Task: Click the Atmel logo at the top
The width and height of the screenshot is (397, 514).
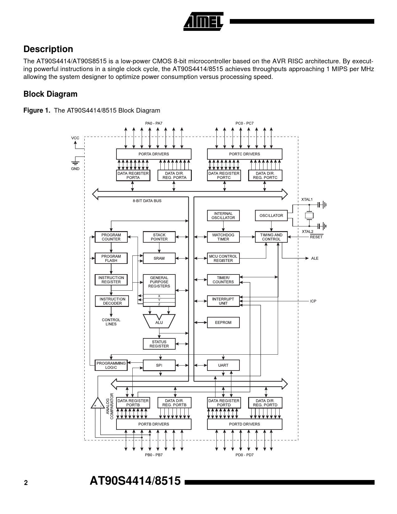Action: pos(203,22)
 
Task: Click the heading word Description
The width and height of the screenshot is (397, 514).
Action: pos(48,49)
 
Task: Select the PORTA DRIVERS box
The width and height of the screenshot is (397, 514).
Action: pos(154,154)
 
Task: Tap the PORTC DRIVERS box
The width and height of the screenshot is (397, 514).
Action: pos(244,154)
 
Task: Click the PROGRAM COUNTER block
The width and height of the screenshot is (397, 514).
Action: pos(111,237)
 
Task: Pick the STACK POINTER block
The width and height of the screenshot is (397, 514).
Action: pos(159,237)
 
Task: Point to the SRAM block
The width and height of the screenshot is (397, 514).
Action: pos(159,258)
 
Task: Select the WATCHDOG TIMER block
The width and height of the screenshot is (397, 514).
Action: pos(223,237)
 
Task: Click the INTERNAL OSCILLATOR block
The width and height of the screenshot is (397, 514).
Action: pos(223,216)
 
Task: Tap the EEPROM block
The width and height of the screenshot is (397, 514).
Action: pos(223,322)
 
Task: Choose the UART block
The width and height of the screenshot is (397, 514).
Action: pos(223,365)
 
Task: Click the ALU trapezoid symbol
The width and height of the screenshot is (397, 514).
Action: pos(159,322)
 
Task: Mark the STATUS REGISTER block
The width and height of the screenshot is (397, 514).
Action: pos(159,344)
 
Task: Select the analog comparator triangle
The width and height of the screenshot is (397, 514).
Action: pos(98,404)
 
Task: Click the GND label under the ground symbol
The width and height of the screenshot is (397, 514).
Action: pos(75,169)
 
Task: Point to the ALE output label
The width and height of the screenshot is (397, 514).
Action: pos(315,259)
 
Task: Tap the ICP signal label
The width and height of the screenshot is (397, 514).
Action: pos(313,301)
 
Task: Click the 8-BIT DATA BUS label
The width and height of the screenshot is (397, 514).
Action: pos(147,201)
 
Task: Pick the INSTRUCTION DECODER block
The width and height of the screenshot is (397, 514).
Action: pos(112,301)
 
